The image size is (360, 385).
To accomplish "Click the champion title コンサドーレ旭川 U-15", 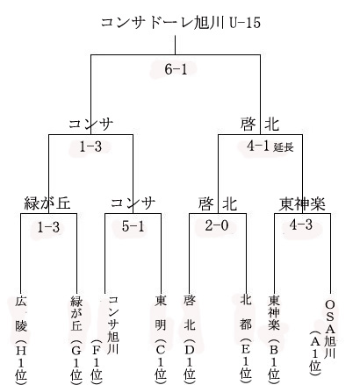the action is point(181,22).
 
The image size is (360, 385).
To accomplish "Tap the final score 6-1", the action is point(176,69).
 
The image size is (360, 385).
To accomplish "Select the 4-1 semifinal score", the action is point(258,146).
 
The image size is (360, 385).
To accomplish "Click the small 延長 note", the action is point(284,147).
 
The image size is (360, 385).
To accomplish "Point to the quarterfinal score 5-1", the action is point(133,226).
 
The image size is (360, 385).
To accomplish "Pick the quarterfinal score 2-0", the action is point(217,225).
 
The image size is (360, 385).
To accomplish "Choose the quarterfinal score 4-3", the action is point(301,225).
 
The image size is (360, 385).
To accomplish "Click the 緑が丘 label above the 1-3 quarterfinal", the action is point(47,203).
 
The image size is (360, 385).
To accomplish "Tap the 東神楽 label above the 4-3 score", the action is point(302,203).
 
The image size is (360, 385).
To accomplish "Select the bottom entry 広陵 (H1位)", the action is point(21,339).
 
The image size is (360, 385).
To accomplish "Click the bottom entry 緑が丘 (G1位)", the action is point(76,339).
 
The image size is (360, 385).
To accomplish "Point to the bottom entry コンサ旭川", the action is point(113,324).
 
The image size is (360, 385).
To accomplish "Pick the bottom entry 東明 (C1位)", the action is point(161,339).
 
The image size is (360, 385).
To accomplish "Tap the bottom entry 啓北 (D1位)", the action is point(189,339).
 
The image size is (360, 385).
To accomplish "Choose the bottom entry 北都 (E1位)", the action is point(246,339).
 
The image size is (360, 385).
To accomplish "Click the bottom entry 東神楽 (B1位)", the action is point(274,339).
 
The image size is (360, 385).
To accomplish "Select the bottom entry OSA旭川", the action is point(330,329).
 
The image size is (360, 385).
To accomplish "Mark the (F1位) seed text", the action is point(97,361).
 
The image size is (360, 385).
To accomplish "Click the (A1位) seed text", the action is point(315,352).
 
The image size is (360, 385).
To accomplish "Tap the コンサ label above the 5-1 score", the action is point(133,203).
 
